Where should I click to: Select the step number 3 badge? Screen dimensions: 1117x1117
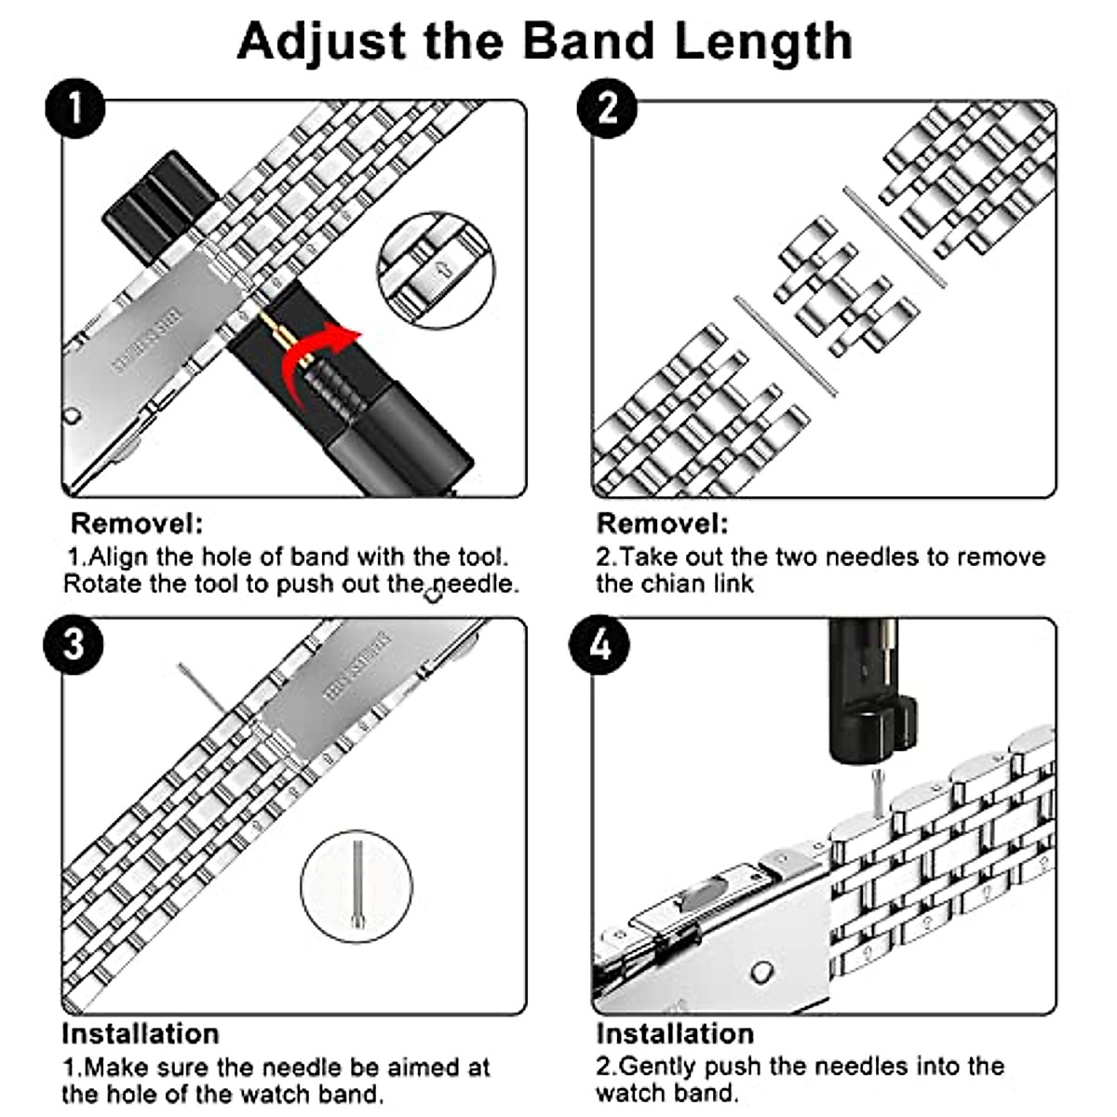pos(74,644)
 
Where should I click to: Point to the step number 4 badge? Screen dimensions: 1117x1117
pos(600,644)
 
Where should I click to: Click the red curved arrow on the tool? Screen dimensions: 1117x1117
pos(321,354)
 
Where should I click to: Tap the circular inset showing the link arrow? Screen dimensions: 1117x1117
pos(435,269)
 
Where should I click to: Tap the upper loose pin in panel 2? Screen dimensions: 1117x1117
pos(894,236)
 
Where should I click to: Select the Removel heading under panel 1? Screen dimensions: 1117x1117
pos(136,523)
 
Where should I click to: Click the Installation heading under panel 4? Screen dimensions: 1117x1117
pos(674,1034)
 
